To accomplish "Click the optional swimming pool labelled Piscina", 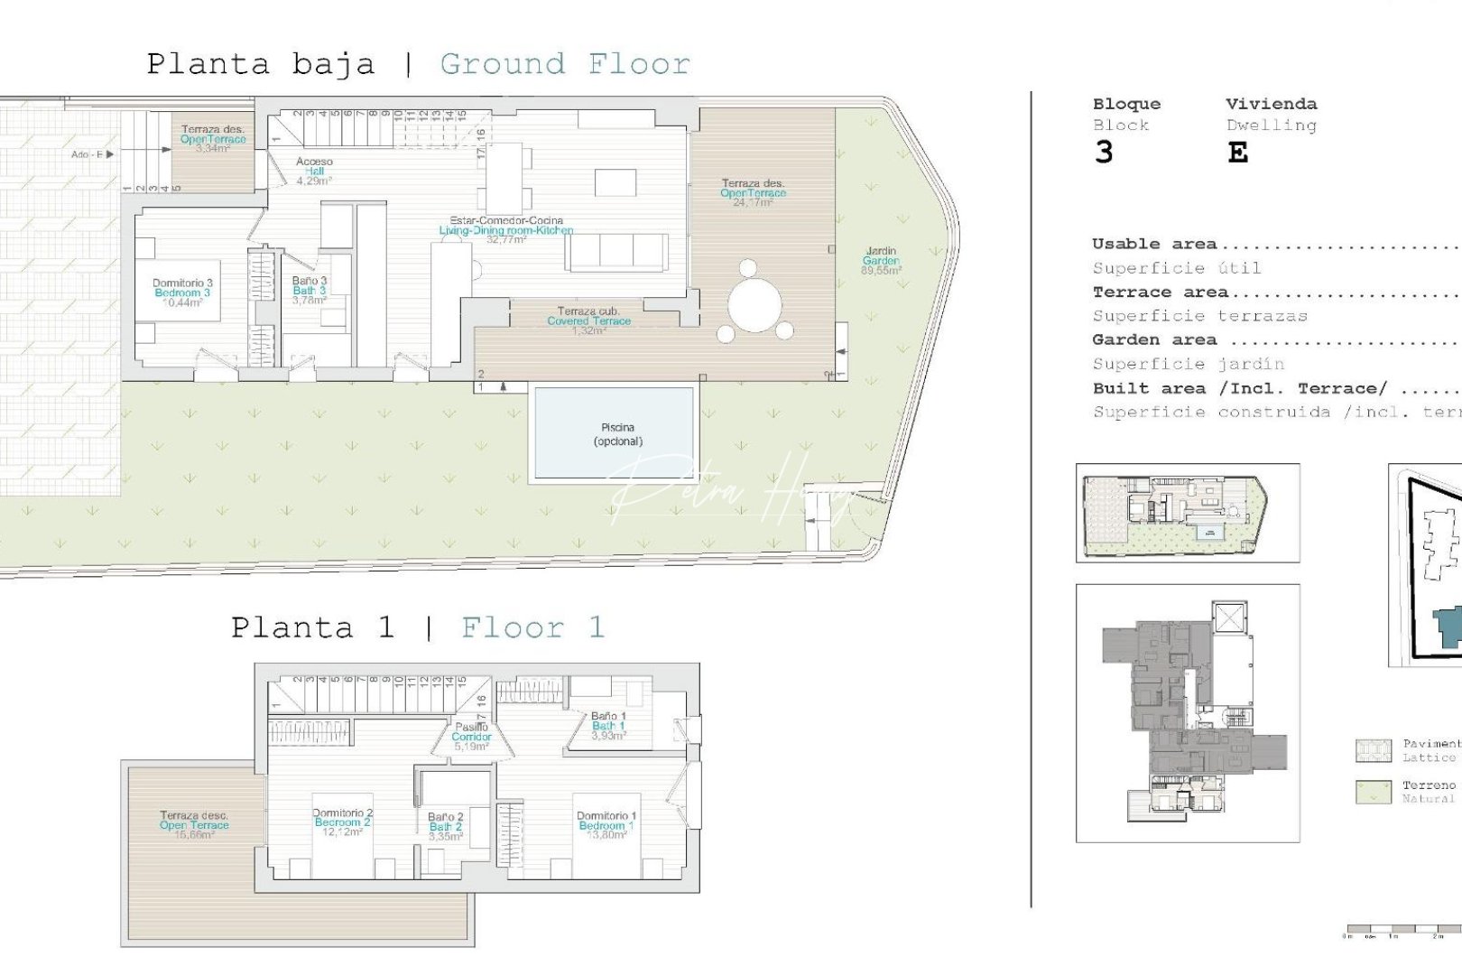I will click(617, 434).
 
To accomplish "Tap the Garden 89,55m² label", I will click(881, 261).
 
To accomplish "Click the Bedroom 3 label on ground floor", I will click(182, 292).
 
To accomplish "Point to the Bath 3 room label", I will click(309, 291).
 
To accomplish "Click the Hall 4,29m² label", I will click(314, 172).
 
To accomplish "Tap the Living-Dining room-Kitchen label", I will click(506, 230).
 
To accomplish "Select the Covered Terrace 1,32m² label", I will click(588, 320).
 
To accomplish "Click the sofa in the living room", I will click(617, 253).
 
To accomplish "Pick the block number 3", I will click(1103, 153).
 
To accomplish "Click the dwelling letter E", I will click(1237, 153).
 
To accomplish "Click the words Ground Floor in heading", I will click(565, 64).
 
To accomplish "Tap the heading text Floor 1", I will click(532, 627).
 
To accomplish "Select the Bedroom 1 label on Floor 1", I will click(606, 825).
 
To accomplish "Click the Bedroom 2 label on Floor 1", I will click(342, 822).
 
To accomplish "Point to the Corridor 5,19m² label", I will click(471, 737).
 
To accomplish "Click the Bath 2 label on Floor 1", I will click(445, 826).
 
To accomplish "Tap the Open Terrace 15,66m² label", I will click(194, 825).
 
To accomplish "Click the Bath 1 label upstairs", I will click(608, 726).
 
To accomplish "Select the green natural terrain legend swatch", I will click(1373, 792).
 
